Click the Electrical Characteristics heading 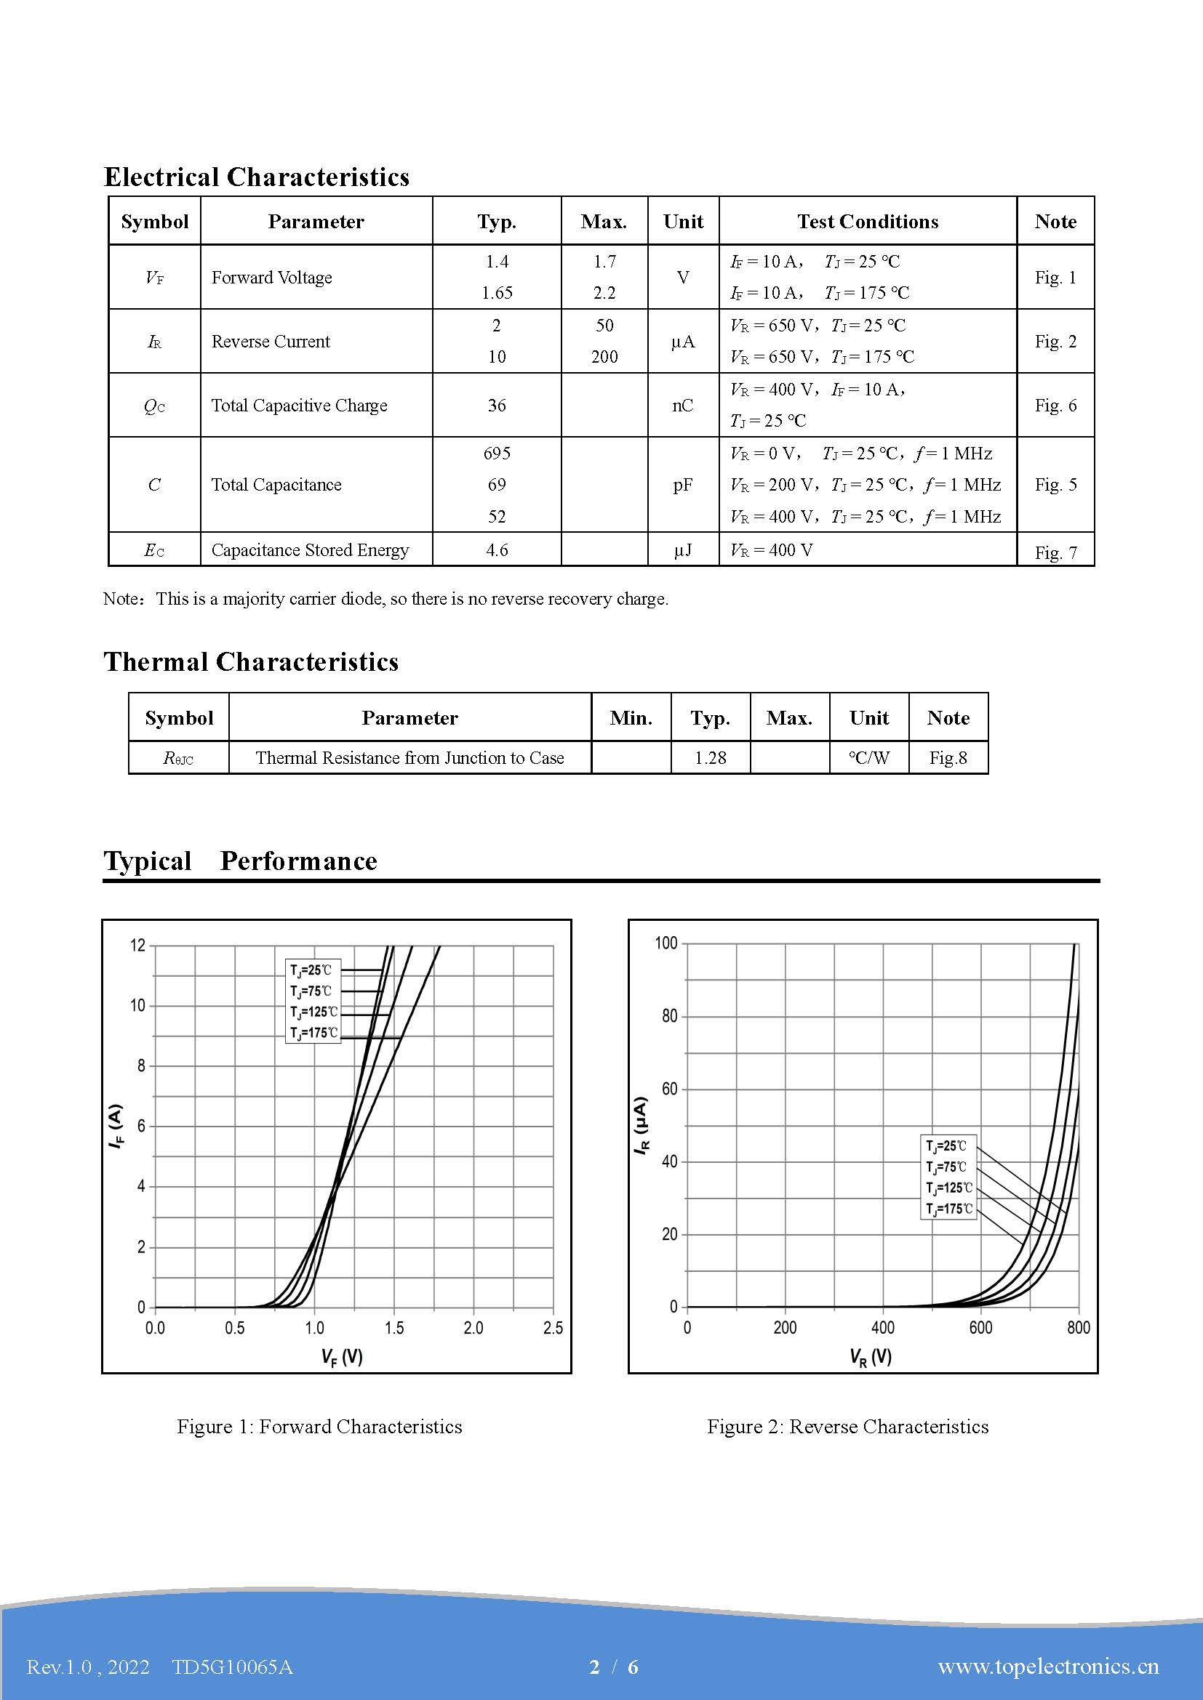(x=256, y=177)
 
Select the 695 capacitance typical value (x=496, y=453)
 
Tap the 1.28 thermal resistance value (x=710, y=757)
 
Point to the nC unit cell (x=682, y=405)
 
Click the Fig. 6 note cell (x=1055, y=405)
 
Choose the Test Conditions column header (x=867, y=222)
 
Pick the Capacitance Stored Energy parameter (x=310, y=550)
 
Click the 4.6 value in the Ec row (x=496, y=550)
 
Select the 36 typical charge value (x=496, y=405)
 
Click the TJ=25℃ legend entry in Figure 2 (x=946, y=1146)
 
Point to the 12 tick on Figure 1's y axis (x=137, y=946)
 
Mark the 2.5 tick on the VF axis (x=553, y=1329)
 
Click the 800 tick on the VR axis (x=1078, y=1329)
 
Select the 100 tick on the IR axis (x=666, y=943)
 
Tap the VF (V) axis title (x=342, y=1356)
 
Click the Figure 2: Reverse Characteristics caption (x=847, y=1427)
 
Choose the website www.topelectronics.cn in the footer (x=1047, y=1666)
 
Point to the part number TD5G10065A (x=233, y=1667)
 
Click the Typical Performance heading (x=240, y=861)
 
